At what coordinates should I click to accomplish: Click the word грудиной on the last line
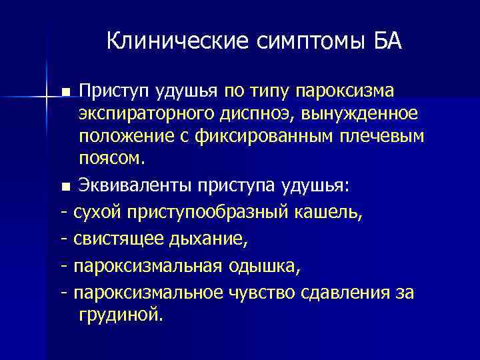[120, 314]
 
